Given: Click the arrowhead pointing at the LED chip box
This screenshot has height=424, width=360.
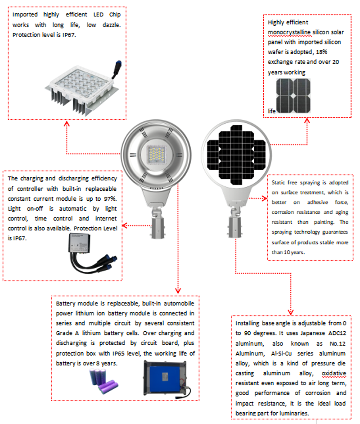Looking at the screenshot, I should pos(67,122).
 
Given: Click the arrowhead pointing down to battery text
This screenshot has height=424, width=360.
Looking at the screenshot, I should pos(179,290).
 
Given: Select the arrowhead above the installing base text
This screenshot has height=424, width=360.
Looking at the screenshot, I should pos(290,311).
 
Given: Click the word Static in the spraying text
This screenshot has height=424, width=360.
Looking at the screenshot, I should pos(280,183).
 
